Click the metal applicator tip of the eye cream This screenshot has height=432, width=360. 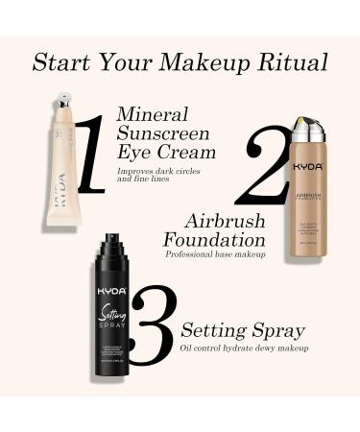pyautogui.click(x=62, y=101)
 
